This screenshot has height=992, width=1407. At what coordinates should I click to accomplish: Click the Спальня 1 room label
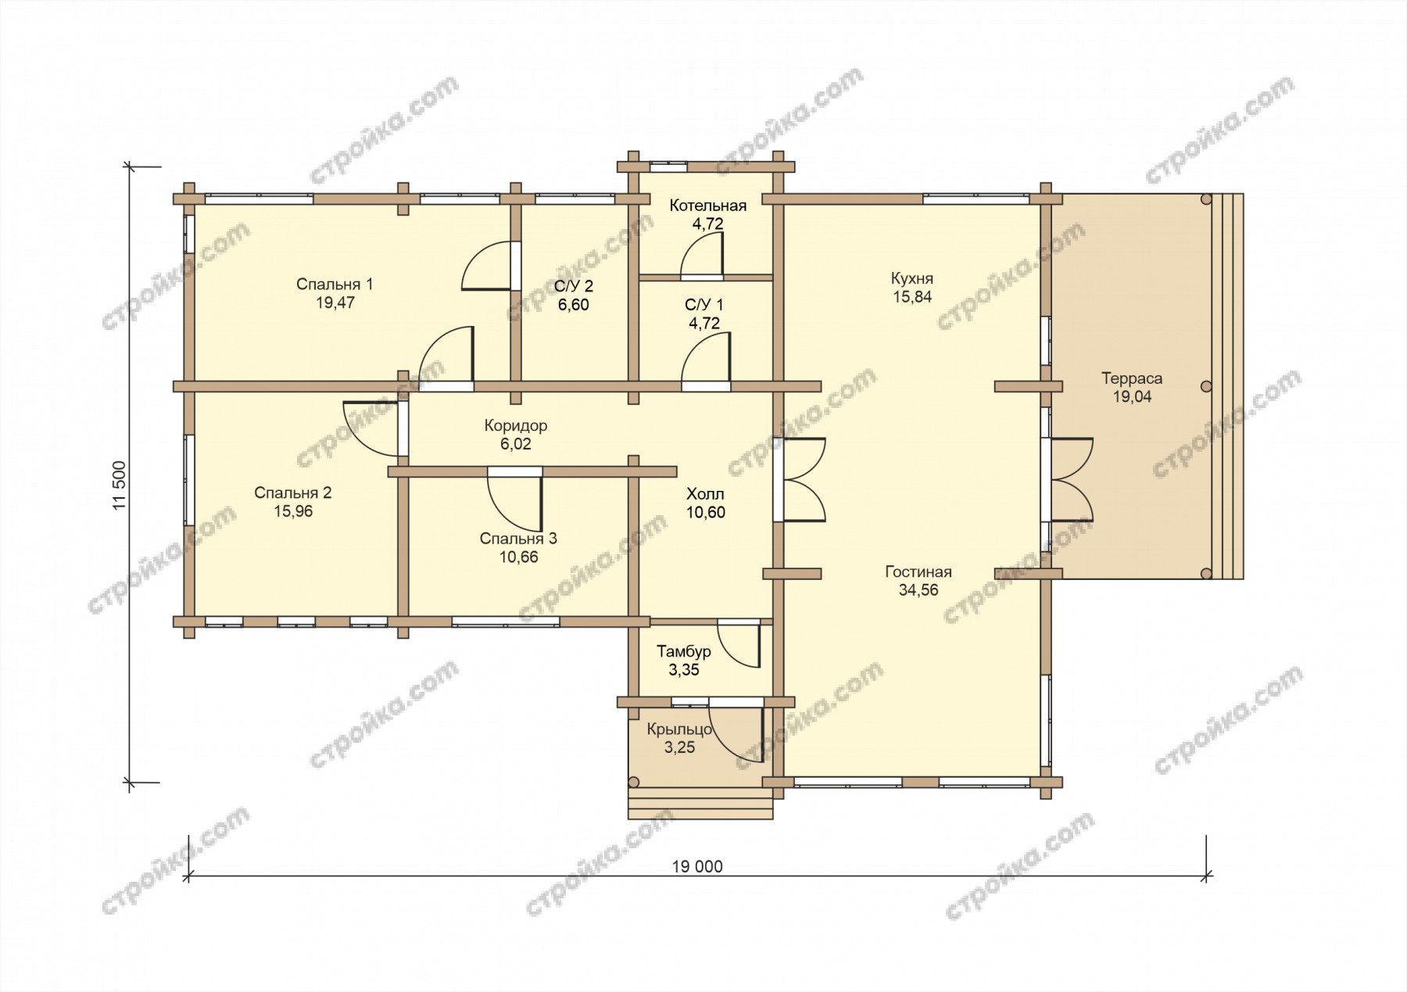[335, 284]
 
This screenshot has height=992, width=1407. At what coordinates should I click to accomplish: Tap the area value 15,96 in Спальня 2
[293, 512]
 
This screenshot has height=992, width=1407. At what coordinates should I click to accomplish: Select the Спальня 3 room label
[518, 539]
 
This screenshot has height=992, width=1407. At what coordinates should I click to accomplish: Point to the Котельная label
[708, 206]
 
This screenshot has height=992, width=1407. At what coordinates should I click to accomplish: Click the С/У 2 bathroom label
[574, 286]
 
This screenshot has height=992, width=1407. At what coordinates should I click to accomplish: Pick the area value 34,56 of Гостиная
[918, 590]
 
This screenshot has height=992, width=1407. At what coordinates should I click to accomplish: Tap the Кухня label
[912, 278]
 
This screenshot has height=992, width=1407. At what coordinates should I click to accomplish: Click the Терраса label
[1132, 378]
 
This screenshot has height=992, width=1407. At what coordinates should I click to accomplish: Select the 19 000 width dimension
[697, 866]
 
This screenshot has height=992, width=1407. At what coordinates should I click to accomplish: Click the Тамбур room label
[684, 651]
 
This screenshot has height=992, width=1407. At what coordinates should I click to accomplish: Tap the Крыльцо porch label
[679, 729]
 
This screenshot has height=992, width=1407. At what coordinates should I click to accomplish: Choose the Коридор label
[516, 426]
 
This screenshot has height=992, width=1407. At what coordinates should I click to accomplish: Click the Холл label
[705, 494]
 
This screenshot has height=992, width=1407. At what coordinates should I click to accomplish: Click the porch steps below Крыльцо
[700, 804]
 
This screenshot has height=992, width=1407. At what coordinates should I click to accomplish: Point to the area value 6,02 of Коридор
[516, 444]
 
